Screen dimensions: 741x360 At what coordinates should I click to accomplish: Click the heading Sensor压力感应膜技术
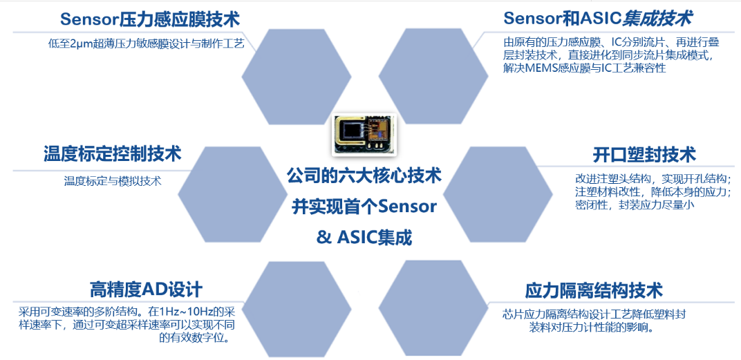(150, 19)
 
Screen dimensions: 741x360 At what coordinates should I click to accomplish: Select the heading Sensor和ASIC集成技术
(598, 19)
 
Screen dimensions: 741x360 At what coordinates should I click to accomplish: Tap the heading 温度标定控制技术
(112, 155)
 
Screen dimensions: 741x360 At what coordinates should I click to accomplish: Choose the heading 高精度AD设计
(146, 289)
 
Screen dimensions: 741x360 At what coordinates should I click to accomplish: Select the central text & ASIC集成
(364, 238)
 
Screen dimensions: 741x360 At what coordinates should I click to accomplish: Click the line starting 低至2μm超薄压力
(146, 44)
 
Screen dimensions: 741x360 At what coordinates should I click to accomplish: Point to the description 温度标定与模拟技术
(113, 180)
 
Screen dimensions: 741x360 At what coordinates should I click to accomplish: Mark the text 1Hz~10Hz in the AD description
(181, 312)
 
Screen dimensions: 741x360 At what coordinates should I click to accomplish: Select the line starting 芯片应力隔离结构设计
(594, 314)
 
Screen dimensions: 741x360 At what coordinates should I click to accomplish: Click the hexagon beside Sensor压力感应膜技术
(297, 77)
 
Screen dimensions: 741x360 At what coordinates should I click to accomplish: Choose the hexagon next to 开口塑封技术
(498, 193)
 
